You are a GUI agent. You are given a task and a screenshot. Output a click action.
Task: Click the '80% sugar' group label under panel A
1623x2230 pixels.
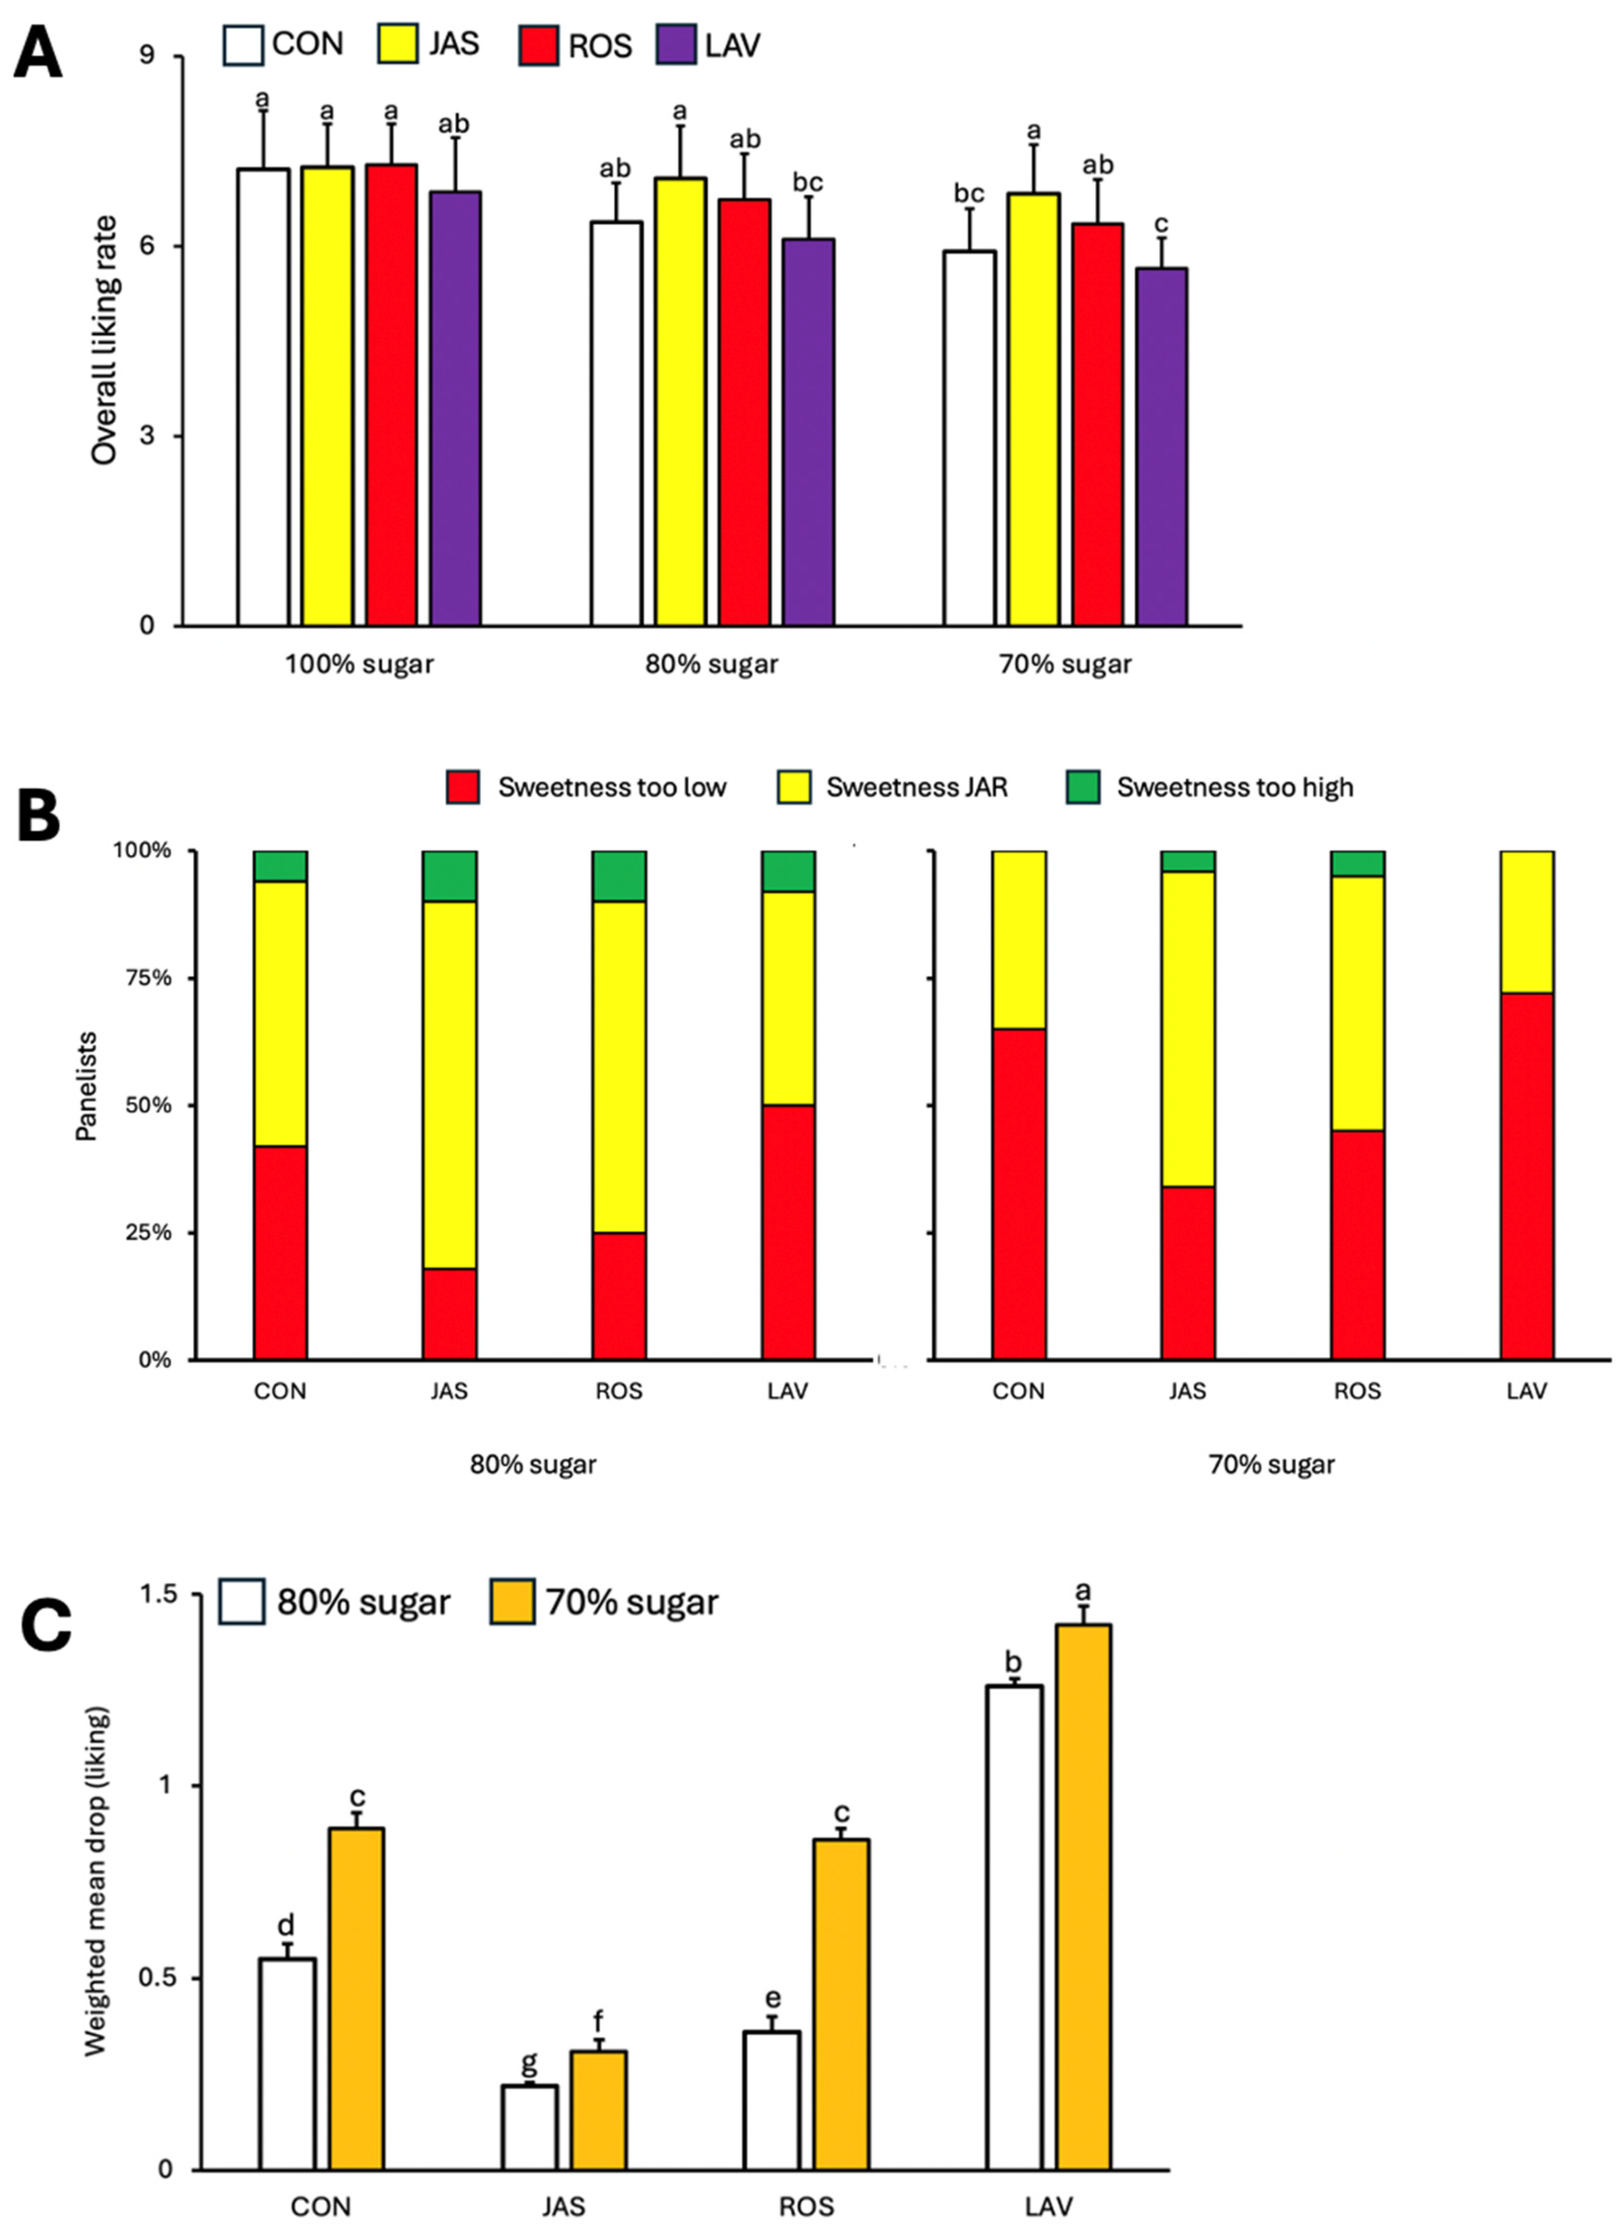[x=711, y=664]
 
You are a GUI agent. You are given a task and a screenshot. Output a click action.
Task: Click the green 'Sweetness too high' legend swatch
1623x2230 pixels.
[x=1087, y=787]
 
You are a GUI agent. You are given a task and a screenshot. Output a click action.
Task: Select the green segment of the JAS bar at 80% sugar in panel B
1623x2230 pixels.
[x=449, y=875]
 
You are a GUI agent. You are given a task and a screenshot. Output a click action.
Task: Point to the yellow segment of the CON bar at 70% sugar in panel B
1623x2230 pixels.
[x=1019, y=939]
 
